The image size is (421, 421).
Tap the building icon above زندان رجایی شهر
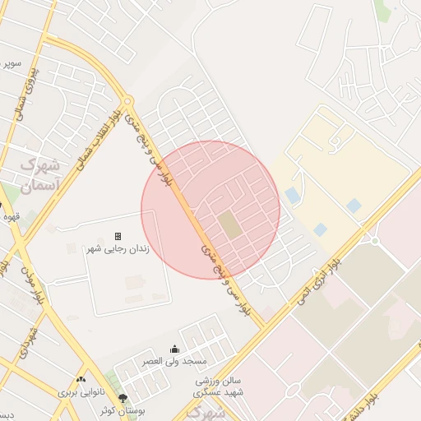coord(118,236)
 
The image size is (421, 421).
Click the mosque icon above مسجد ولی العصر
coord(173,349)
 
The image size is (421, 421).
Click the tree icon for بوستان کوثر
coord(123,399)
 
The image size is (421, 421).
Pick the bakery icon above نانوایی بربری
coord(81,380)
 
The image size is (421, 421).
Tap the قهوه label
coord(11,217)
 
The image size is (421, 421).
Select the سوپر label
coord(10,62)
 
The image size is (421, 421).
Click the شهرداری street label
coord(28,341)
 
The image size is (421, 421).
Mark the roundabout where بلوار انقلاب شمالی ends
coord(127,101)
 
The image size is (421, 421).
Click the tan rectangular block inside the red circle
coord(231,225)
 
